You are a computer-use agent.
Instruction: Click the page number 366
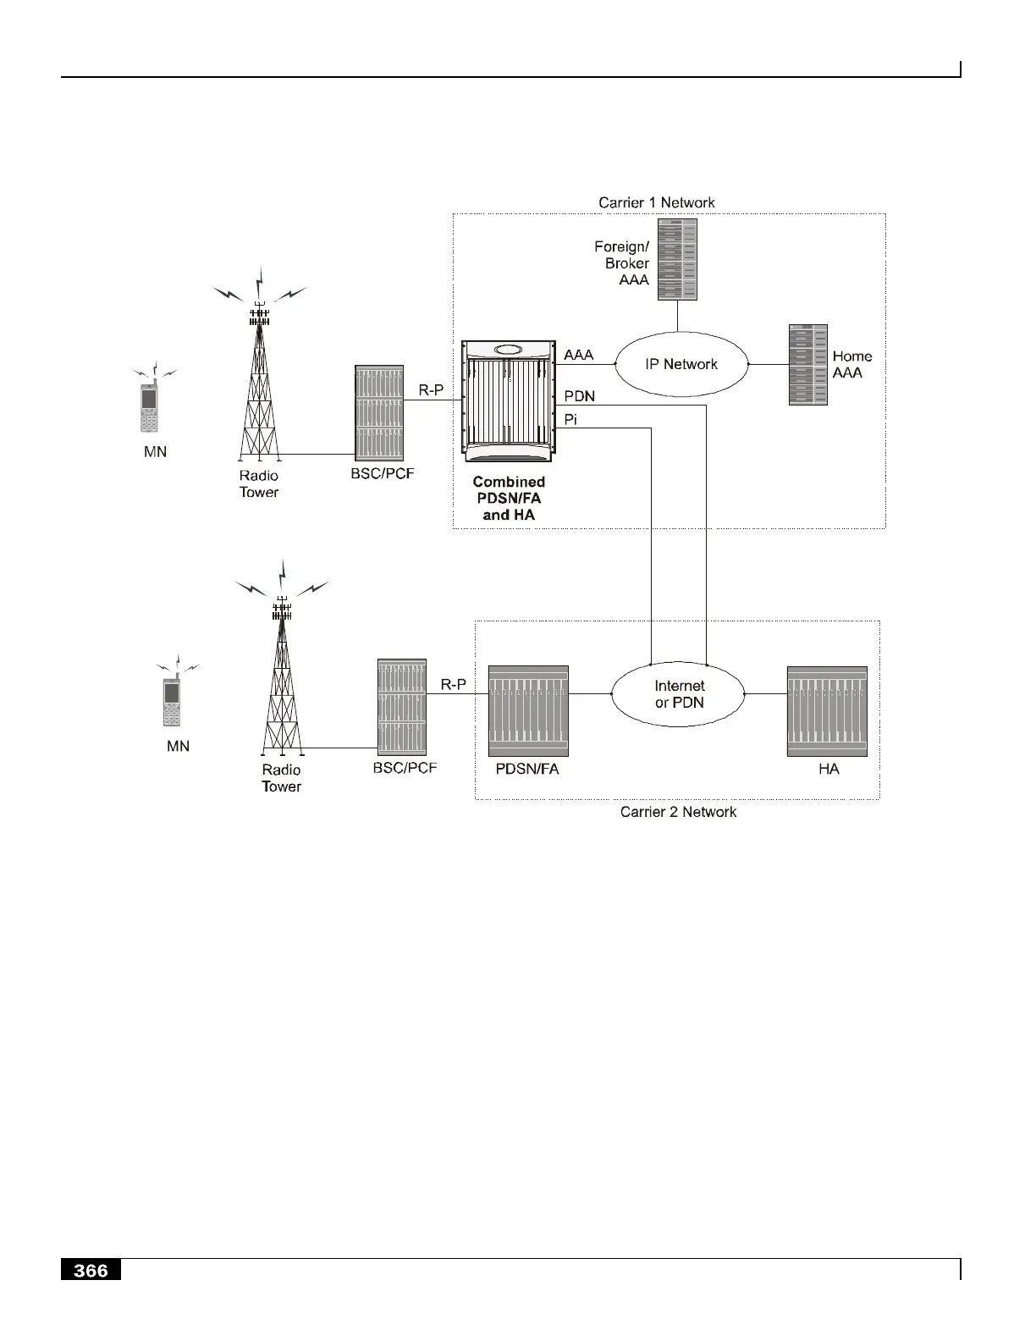click(x=91, y=1271)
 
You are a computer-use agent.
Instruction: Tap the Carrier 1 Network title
click(x=656, y=202)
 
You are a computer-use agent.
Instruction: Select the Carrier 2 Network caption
click(x=678, y=812)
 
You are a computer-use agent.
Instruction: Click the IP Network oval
click(x=681, y=364)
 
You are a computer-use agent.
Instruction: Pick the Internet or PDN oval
click(x=679, y=694)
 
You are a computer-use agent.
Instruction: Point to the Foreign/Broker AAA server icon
click(x=677, y=259)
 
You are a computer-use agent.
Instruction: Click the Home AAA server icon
click(x=807, y=365)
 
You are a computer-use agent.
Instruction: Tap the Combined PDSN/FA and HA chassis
click(x=508, y=399)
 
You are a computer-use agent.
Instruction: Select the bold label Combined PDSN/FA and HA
click(x=508, y=498)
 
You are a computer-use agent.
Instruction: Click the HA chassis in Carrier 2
click(x=827, y=711)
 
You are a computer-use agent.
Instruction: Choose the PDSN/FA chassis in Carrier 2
click(x=528, y=711)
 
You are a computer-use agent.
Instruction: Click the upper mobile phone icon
click(x=150, y=408)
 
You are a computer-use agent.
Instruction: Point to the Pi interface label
click(x=570, y=419)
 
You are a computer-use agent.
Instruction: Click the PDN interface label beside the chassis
click(x=579, y=396)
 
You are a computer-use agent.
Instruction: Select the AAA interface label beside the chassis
click(x=579, y=355)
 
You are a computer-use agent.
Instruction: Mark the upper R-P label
click(x=431, y=390)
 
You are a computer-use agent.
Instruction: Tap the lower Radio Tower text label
click(x=281, y=778)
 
